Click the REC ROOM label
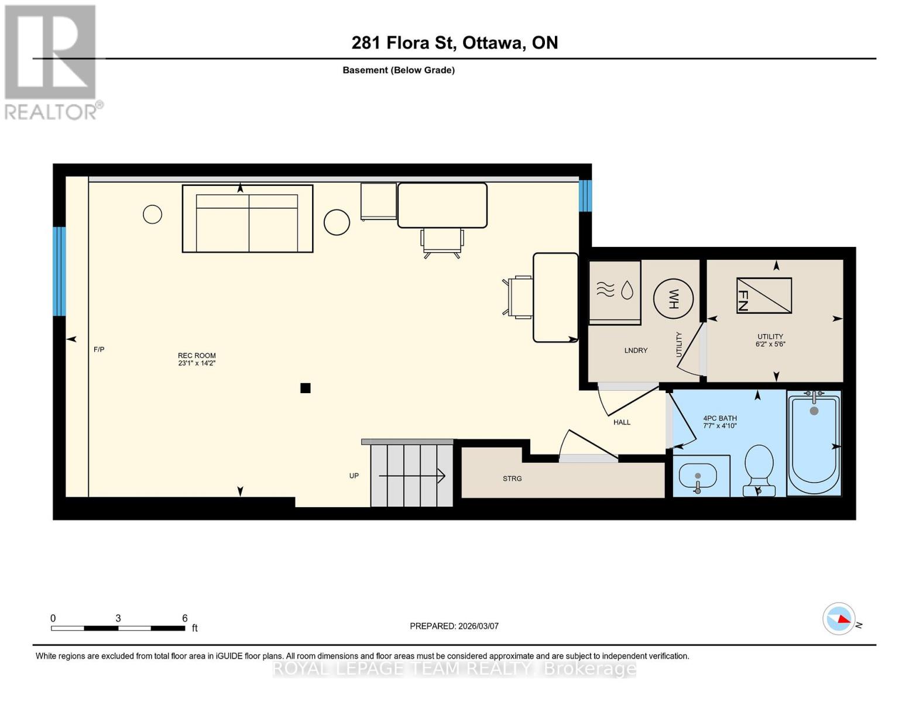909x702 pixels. [197, 359]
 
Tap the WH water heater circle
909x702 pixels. [673, 298]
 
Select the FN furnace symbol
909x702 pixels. [764, 295]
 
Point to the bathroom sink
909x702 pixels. [697, 475]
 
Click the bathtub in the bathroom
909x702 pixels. [814, 443]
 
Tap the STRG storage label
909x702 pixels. [512, 479]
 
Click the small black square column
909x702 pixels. [305, 388]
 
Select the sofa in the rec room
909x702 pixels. [248, 219]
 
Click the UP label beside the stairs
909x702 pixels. [354, 476]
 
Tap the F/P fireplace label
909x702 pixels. [99, 349]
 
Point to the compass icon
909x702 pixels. [839, 618]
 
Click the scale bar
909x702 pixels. [118, 628]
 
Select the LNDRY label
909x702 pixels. [636, 350]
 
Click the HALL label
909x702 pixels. [622, 422]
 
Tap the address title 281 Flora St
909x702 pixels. [454, 43]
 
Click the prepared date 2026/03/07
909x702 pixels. [454, 626]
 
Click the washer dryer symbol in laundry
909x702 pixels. [614, 290]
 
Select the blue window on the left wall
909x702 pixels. [59, 271]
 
